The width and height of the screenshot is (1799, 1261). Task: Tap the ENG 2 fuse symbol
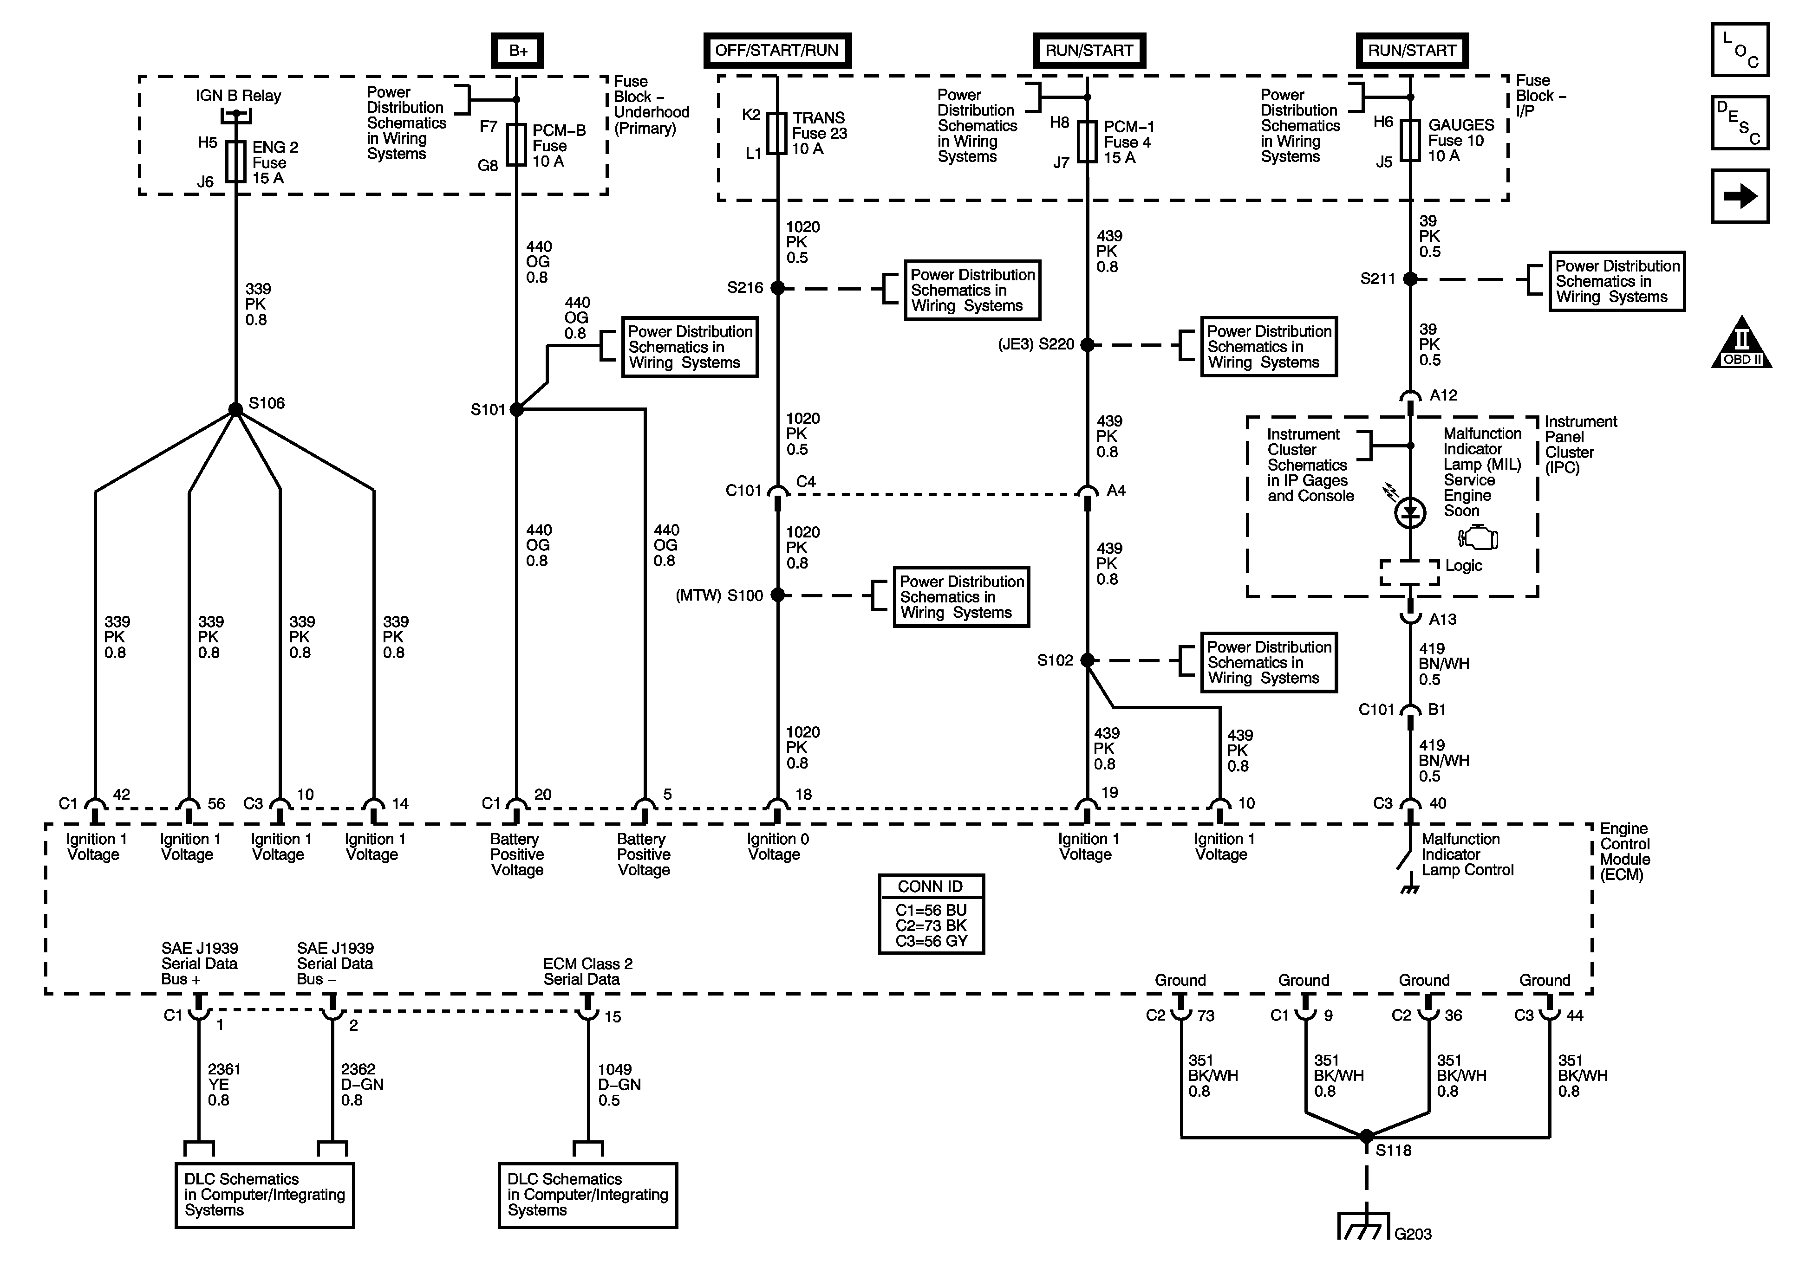[x=236, y=162]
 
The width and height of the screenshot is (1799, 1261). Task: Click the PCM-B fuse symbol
[x=516, y=145]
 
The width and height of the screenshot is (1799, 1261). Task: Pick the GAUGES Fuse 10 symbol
[x=1410, y=141]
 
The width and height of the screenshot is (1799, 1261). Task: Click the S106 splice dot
[x=236, y=409]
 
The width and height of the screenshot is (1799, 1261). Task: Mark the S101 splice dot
[x=516, y=409]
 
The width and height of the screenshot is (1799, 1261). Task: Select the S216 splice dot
[x=777, y=288]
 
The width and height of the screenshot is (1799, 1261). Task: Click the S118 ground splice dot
[x=1367, y=1136]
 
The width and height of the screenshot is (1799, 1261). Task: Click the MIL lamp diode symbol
[x=1410, y=513]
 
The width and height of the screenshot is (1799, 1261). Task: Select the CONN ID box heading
[x=931, y=886]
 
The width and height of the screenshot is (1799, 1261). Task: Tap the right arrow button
[x=1740, y=196]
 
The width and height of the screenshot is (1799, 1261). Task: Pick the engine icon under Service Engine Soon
[x=1479, y=538]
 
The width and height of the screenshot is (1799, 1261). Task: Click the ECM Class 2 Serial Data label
[x=587, y=971]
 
